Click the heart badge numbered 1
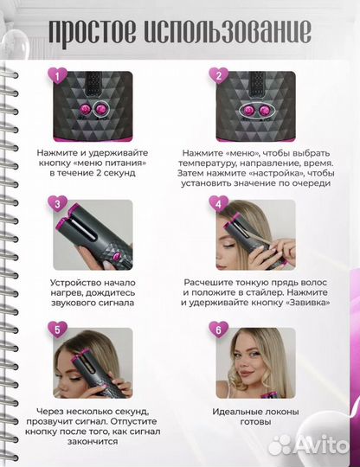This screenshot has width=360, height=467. [x=57, y=76]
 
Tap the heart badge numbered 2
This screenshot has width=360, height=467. [x=219, y=76]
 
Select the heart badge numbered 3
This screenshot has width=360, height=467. [x=57, y=204]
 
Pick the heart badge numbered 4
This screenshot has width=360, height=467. [x=219, y=204]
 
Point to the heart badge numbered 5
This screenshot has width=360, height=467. [x=57, y=330]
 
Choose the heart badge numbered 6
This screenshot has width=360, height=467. [x=219, y=330]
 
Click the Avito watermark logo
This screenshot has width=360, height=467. [x=309, y=445]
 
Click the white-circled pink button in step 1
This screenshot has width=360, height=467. [x=101, y=110]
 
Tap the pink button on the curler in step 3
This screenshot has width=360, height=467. [x=117, y=255]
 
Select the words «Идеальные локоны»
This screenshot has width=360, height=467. [x=255, y=412]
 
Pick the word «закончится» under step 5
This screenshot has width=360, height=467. [x=93, y=441]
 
